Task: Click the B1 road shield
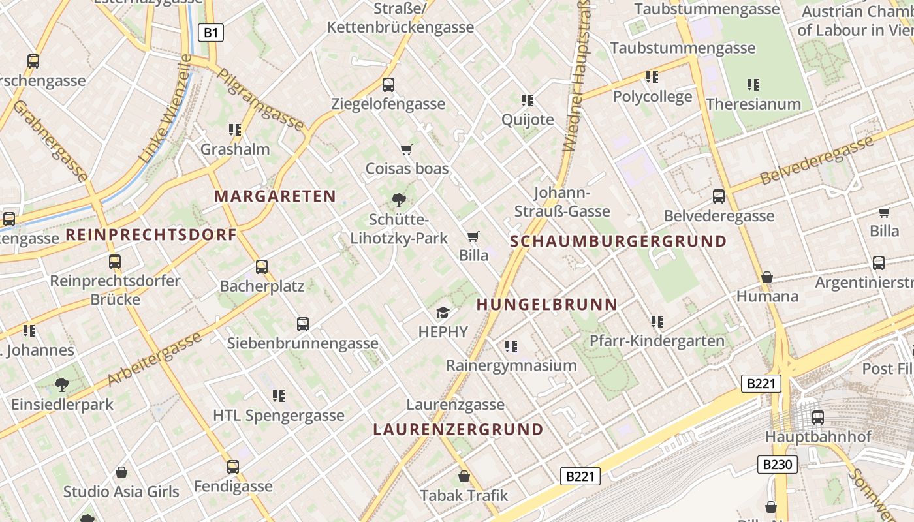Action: click(x=210, y=33)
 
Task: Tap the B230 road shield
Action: click(x=777, y=465)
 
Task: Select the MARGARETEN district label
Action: click(x=275, y=196)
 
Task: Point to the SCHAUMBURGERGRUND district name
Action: click(x=618, y=241)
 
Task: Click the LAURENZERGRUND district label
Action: click(x=458, y=429)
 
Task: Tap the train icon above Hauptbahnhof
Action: click(x=817, y=418)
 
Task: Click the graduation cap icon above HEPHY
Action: click(x=443, y=313)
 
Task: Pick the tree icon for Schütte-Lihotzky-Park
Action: click(x=398, y=200)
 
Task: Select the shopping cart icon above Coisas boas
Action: click(x=407, y=150)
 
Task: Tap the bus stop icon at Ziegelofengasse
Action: click(x=388, y=85)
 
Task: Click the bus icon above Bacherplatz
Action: click(x=262, y=266)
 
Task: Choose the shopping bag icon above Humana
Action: click(x=767, y=277)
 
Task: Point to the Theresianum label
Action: click(x=753, y=104)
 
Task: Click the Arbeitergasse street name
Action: click(x=154, y=359)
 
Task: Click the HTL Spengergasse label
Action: click(x=279, y=415)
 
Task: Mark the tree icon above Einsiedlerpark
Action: click(x=62, y=385)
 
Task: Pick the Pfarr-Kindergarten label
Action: click(x=657, y=341)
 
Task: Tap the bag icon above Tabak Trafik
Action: click(x=464, y=477)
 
